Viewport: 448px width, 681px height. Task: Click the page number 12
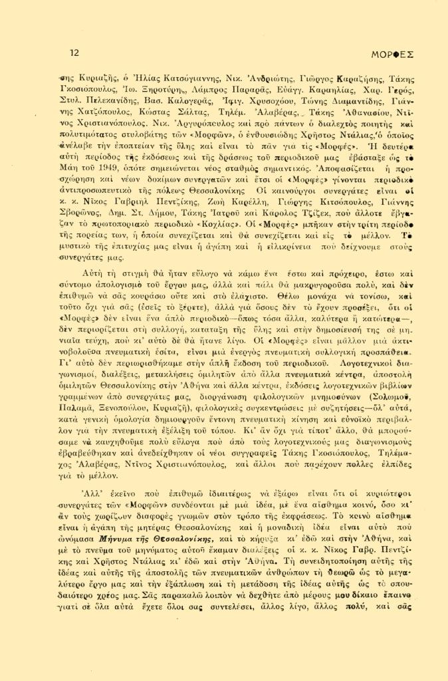click(x=74, y=53)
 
